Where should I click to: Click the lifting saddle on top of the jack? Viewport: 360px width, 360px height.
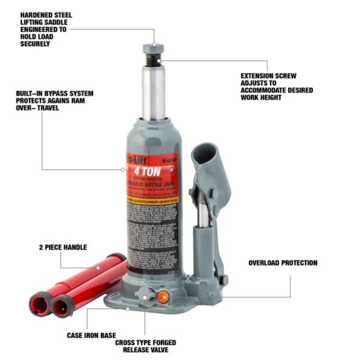[x=153, y=48]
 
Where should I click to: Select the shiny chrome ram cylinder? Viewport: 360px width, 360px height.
[x=153, y=93]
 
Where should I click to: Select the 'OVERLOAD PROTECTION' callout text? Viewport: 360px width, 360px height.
[x=283, y=263]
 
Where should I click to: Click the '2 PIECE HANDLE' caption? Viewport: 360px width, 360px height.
[x=63, y=247]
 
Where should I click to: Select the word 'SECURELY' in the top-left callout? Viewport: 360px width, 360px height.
[x=35, y=44]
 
